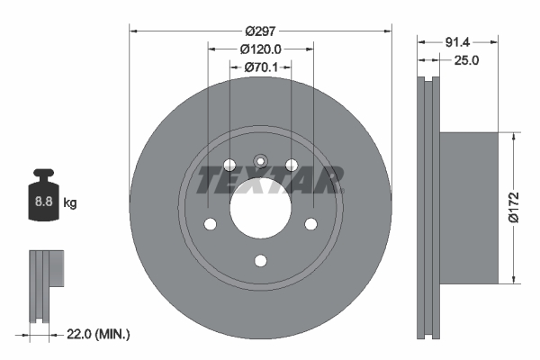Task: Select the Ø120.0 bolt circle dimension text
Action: coord(261,49)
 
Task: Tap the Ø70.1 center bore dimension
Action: coord(261,67)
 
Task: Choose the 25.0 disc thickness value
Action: coord(464,61)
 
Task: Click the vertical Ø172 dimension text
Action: coord(512,207)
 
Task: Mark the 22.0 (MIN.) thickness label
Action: coord(99,335)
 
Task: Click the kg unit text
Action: coord(70,203)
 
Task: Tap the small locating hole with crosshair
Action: coord(260,162)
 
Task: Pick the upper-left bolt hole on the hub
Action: coord(229,165)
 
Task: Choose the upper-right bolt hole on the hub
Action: coord(292,165)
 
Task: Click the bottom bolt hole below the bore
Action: coord(260,261)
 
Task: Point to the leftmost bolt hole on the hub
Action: coord(210,224)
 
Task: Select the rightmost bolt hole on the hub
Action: coord(311,224)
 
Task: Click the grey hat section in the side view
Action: coord(468,207)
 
